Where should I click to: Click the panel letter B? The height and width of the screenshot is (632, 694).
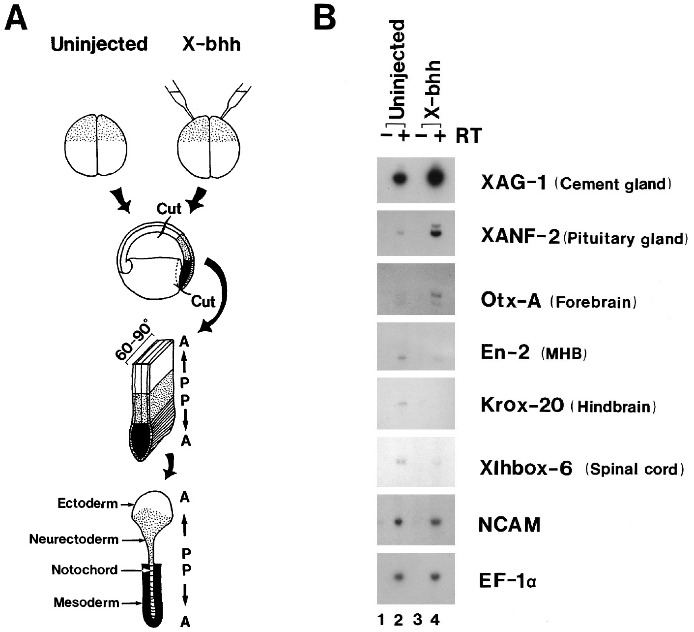coord(325,18)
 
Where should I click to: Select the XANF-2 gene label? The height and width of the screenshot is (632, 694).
coord(519,238)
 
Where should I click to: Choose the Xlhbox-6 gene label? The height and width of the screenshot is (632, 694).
coord(526,469)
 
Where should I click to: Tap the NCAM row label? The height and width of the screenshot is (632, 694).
coord(509,525)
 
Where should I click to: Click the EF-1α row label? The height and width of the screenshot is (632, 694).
coord(507,582)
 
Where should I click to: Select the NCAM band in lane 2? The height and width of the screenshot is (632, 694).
coord(399,521)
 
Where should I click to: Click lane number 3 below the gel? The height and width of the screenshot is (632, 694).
coord(417,620)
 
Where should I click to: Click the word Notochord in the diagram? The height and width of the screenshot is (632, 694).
coord(85,570)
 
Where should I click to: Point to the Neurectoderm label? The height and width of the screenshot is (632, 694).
coord(74,539)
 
